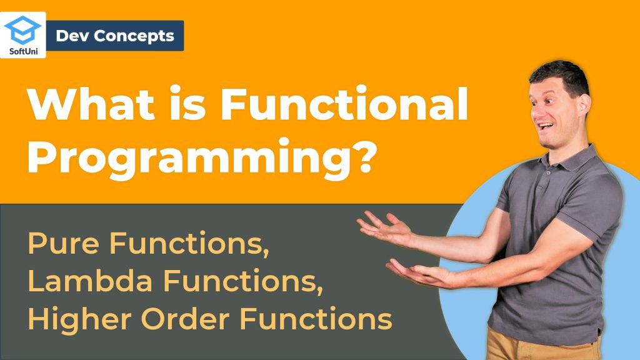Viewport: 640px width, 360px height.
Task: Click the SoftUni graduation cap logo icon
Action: click(23, 30)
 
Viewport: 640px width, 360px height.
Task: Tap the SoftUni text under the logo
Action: click(23, 51)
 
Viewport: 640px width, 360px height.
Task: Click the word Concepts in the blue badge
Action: click(134, 36)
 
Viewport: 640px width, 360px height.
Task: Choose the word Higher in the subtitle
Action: click(79, 319)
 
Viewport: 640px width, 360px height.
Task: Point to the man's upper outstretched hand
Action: click(385, 228)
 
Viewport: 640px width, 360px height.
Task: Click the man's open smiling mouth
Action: click(545, 126)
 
